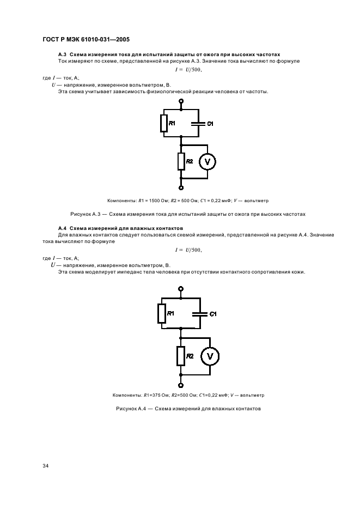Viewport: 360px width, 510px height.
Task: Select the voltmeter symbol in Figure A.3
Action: click(x=206, y=161)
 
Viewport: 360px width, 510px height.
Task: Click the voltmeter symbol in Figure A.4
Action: click(x=209, y=356)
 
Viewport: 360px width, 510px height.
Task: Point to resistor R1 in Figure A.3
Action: click(x=163, y=124)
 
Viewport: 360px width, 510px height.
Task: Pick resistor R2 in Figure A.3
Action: click(x=181, y=161)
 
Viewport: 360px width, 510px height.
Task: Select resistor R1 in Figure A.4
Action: click(x=162, y=314)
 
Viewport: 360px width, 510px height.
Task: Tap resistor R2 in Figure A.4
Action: click(x=180, y=356)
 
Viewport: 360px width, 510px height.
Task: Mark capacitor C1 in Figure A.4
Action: click(x=200, y=314)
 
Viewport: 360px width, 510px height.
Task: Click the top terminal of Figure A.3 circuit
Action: click(x=181, y=101)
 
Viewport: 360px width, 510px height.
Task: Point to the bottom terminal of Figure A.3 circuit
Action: click(x=181, y=187)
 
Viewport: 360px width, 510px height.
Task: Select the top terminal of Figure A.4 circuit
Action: click(x=181, y=289)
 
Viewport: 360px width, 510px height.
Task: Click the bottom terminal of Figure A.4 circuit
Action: click(x=181, y=385)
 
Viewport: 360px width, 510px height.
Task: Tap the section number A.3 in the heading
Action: click(x=62, y=54)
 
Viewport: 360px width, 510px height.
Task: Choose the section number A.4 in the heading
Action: click(x=62, y=228)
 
